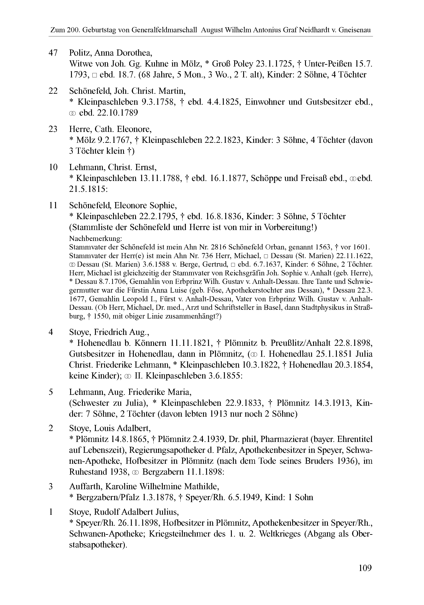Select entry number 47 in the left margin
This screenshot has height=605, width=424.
coord(53,53)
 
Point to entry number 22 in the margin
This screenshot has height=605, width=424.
coord(53,91)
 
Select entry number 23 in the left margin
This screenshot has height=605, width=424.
coord(53,129)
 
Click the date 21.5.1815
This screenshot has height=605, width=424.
coord(88,189)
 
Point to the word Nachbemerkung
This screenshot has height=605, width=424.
coord(95,239)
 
